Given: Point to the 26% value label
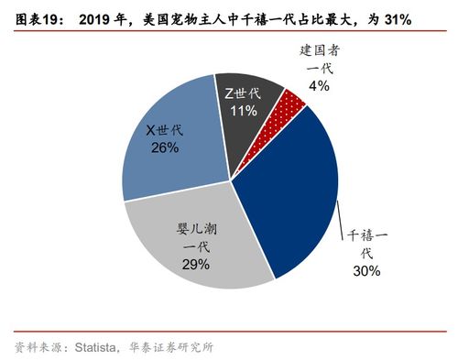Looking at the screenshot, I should click(x=165, y=147).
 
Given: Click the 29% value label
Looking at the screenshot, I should click(x=195, y=264).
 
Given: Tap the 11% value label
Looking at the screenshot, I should click(x=243, y=110).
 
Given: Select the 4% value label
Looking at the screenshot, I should click(x=318, y=85).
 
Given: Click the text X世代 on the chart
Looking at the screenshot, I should click(x=165, y=129).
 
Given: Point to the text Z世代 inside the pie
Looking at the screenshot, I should click(x=243, y=93).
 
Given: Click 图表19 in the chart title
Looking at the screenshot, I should click(x=36, y=16).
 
